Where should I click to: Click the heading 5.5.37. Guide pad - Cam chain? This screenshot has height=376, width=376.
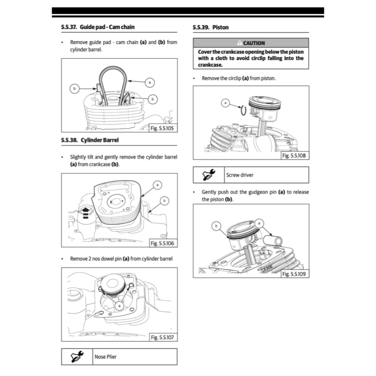click(x=98, y=27)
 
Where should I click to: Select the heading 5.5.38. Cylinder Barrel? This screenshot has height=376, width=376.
click(x=90, y=140)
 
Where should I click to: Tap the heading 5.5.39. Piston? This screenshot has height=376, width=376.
click(x=210, y=27)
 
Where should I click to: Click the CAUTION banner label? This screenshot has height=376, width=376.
click(x=251, y=43)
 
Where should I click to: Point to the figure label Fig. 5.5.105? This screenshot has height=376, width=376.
click(x=163, y=128)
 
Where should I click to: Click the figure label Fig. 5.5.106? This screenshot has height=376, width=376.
click(x=163, y=243)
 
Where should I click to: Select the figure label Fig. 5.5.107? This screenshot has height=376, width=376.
click(x=163, y=337)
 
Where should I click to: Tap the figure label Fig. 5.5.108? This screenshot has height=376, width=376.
click(x=294, y=156)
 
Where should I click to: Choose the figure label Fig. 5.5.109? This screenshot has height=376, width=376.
click(x=294, y=274)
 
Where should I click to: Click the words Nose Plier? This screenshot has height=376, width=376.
click(x=105, y=357)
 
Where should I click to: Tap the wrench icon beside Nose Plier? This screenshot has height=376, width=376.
click(x=77, y=357)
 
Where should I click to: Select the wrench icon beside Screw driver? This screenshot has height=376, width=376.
click(x=209, y=175)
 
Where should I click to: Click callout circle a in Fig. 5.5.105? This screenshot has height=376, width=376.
click(x=149, y=82)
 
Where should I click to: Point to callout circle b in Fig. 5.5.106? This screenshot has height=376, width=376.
click(x=165, y=200)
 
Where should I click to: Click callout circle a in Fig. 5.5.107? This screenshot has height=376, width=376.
click(x=119, y=305)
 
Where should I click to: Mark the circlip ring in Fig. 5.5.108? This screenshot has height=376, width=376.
click(x=243, y=110)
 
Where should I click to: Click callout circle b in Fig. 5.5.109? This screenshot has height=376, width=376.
click(x=217, y=225)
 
